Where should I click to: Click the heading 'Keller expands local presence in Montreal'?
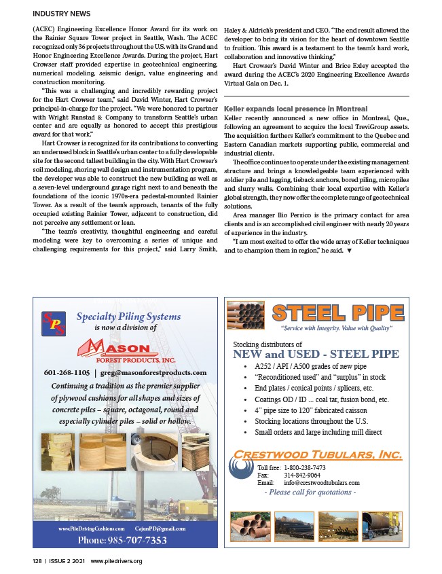pos(295,109)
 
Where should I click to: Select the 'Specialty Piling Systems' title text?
pos(128,316)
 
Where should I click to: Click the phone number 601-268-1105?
pos(67,372)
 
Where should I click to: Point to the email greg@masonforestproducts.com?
pos(155,372)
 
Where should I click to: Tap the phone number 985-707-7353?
pos(122,540)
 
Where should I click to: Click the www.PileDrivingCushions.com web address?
pos(92,528)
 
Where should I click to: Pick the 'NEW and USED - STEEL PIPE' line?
pos(316,354)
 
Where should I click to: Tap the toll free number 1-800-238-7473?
pos(304,467)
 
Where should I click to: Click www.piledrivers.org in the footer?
pos(116,561)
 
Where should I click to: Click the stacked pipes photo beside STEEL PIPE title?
pos(246,316)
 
